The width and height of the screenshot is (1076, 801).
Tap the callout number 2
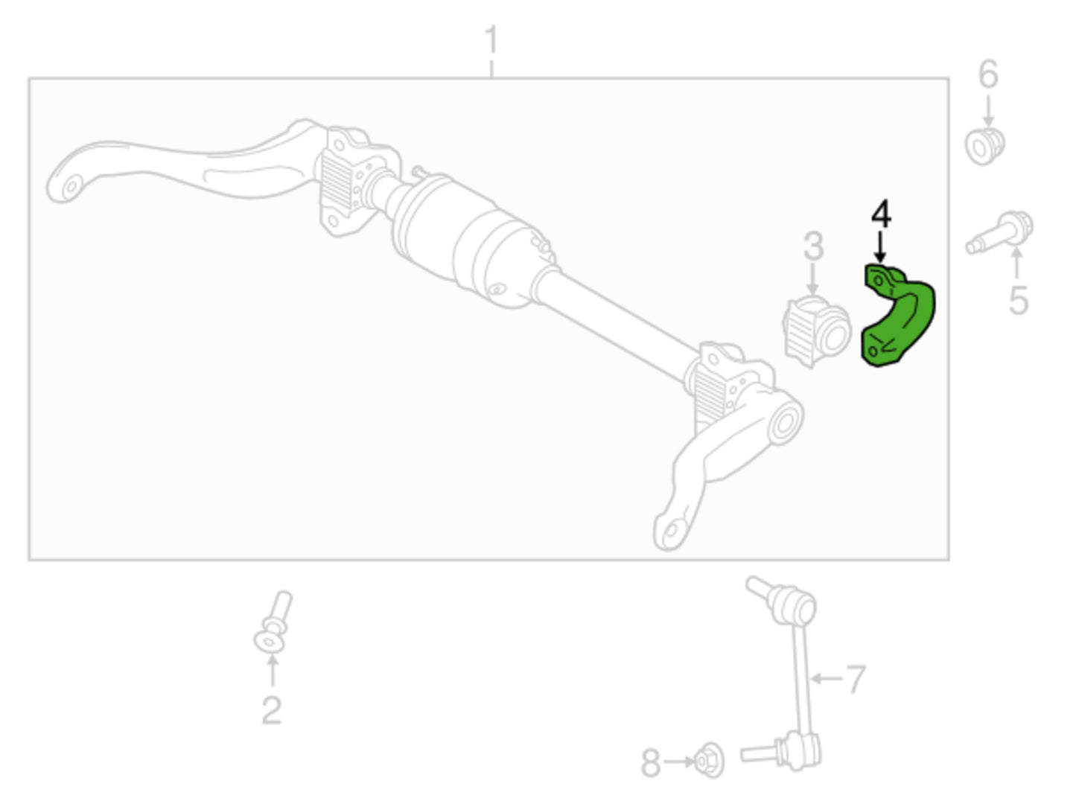[x=271, y=710]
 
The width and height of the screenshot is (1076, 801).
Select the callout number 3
[x=814, y=246]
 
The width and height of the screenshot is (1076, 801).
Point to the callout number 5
[x=1018, y=300]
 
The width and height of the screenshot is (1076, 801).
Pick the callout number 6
[x=988, y=74]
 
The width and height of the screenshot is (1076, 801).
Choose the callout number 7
[x=856, y=679]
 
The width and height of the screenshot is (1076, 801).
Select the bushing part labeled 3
[x=816, y=331]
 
